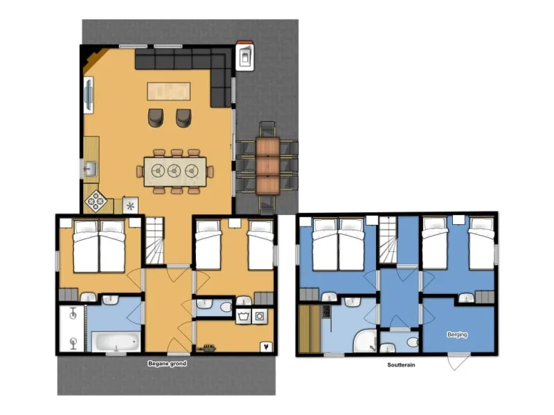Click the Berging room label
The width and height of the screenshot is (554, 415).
457,335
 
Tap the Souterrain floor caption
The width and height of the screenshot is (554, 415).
401,365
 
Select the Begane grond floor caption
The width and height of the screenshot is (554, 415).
167,364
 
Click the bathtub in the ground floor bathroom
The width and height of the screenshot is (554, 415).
116,342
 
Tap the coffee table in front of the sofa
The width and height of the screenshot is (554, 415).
169,91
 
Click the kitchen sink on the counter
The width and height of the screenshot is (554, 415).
90,168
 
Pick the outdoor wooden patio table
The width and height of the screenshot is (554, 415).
267,166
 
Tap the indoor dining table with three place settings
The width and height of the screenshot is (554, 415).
175,170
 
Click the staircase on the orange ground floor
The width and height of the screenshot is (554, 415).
155,240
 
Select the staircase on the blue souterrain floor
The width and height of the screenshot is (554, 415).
388,240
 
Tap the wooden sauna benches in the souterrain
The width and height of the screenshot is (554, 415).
309,329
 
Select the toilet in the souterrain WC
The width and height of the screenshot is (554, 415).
411,342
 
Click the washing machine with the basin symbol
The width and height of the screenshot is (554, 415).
242,317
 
